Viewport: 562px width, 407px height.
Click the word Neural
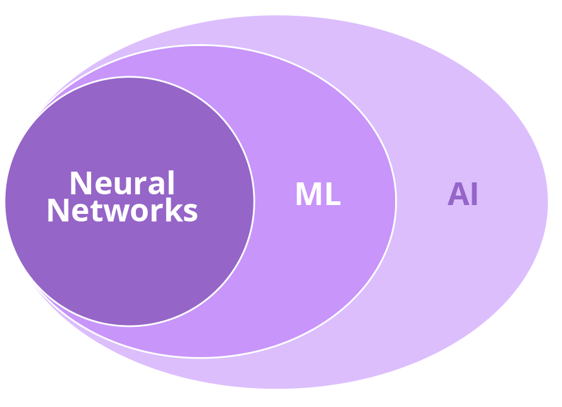tap(122, 184)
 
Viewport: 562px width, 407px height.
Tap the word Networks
tap(122, 211)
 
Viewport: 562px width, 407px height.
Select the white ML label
tap(318, 195)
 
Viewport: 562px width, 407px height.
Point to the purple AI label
tap(463, 194)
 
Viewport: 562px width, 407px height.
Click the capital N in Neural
tap(80, 184)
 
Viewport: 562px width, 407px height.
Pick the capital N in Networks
tap(58, 211)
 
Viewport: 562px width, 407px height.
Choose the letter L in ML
tap(334, 195)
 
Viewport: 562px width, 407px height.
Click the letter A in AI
tap(458, 194)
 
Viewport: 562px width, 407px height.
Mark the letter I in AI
tap(474, 194)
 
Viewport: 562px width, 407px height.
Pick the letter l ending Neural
tap(170, 183)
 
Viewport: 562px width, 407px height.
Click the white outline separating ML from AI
tap(396, 201)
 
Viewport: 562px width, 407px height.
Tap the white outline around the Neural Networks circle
tap(254, 201)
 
